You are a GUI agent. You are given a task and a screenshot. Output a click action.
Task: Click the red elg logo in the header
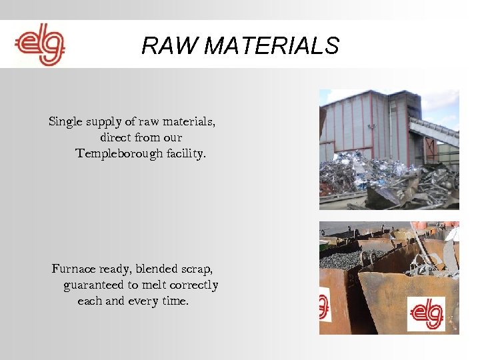tap(40, 45)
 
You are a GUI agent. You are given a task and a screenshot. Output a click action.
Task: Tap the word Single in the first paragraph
tap(65, 122)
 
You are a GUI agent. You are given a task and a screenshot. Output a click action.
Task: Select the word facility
tap(187, 153)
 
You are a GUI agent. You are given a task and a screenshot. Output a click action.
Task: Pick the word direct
tap(115, 138)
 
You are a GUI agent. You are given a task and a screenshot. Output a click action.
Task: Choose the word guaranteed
tap(94, 285)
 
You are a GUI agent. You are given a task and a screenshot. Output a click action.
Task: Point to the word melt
tap(151, 285)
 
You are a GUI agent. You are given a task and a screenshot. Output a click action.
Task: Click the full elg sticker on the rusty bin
tap(426, 313)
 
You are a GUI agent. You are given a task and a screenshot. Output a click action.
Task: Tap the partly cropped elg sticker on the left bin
tap(325, 303)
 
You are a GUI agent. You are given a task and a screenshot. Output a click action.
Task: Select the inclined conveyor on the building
tap(433, 131)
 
